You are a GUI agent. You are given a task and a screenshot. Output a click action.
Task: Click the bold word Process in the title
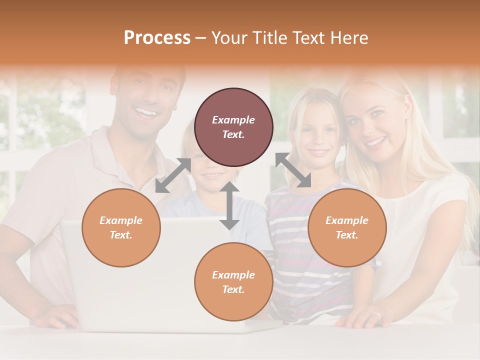(157, 38)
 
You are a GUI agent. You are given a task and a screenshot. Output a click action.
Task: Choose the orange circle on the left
(121, 227)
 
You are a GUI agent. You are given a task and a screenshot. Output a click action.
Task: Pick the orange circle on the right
(347, 227)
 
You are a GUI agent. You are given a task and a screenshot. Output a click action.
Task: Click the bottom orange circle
(233, 281)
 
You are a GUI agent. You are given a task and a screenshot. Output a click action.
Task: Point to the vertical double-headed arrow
(229, 205)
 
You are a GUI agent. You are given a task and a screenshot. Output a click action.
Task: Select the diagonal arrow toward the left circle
(173, 175)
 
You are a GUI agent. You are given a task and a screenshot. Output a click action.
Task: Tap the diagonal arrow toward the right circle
(293, 170)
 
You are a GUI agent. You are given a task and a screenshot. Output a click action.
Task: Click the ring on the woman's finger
(376, 315)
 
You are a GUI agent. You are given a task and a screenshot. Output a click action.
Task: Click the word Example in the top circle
(233, 120)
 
